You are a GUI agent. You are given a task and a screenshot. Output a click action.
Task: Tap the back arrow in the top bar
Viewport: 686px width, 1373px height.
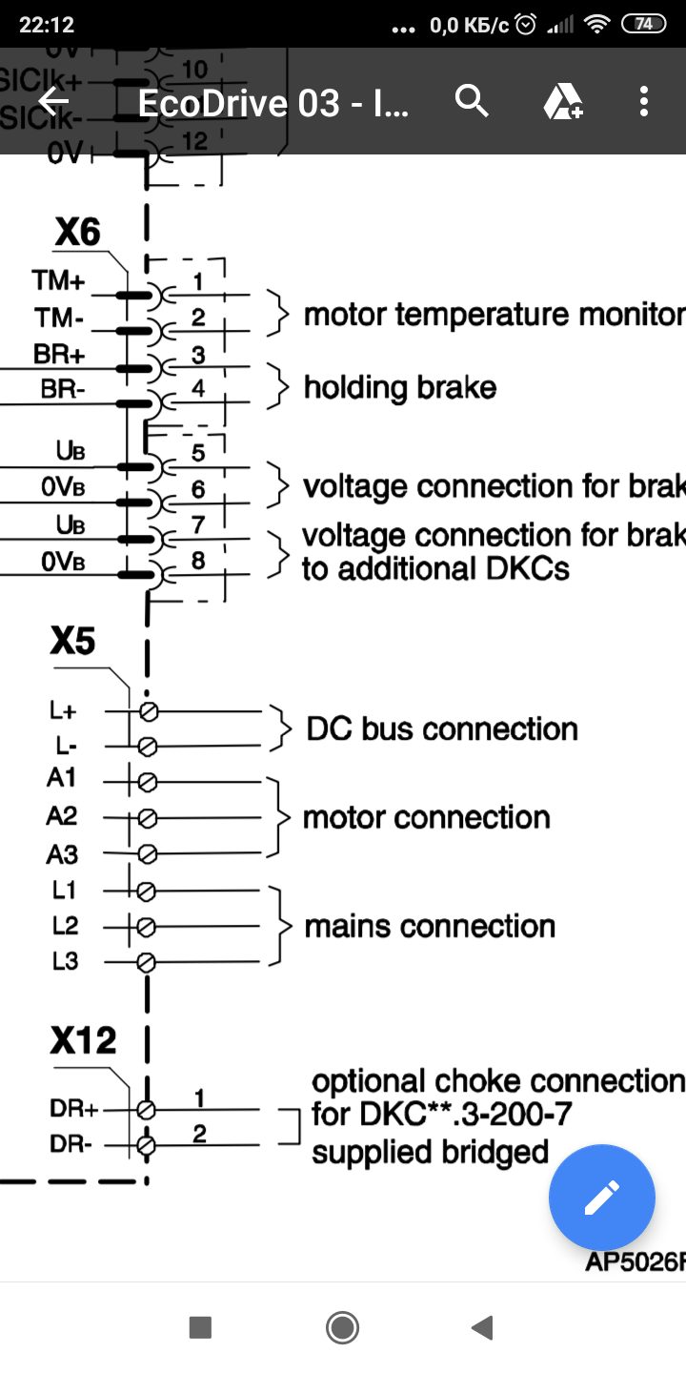coord(53,101)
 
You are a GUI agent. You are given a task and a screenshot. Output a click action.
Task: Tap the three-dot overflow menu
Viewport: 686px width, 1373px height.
coord(644,101)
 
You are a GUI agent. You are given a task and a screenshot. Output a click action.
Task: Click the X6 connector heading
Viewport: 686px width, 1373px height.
coord(77,232)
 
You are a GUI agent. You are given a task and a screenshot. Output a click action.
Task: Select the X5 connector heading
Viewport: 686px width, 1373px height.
coord(72,642)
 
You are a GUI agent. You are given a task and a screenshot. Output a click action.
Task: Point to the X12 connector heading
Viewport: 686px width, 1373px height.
coord(83,1040)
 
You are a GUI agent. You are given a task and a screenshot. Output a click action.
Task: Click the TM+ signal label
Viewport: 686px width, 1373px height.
coord(59,280)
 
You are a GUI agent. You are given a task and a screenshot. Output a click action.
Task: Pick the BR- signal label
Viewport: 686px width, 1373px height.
coord(63,389)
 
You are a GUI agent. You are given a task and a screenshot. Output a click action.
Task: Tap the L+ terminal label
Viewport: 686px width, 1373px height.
coord(64,710)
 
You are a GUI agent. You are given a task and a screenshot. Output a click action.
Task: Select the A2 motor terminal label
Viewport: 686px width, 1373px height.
coord(62,816)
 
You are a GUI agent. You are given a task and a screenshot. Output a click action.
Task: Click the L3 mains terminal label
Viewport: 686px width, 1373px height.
coord(65,961)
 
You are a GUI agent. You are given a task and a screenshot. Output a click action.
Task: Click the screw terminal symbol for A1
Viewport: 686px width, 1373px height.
coord(147,782)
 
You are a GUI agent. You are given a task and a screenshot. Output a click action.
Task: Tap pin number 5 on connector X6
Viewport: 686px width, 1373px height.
coord(198,452)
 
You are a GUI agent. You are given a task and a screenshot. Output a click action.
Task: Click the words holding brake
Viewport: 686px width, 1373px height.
coord(400,387)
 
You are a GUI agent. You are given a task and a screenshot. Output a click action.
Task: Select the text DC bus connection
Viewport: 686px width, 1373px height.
coord(442,728)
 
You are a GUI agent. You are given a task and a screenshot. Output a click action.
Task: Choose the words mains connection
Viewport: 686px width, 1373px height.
coord(430,926)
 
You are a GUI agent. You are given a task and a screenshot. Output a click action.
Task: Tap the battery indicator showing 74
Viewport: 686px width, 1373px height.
coord(644,25)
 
